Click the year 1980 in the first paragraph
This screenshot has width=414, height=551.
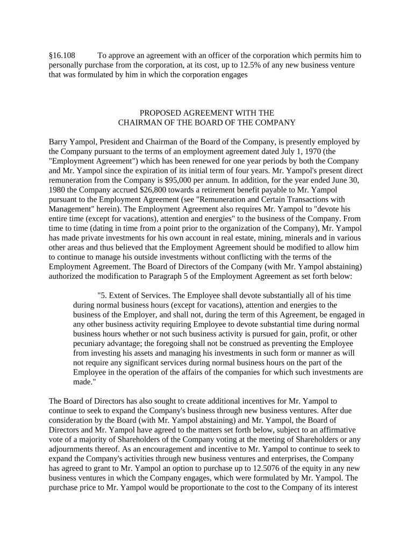tap(58, 191)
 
